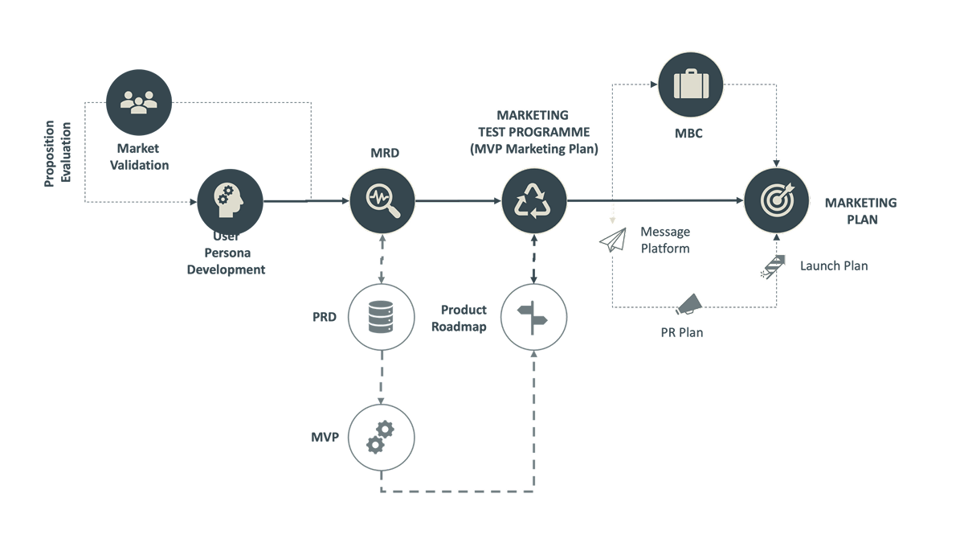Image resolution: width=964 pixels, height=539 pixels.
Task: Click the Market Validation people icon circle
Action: [x=139, y=101]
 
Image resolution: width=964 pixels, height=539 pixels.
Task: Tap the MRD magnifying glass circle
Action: [x=382, y=201]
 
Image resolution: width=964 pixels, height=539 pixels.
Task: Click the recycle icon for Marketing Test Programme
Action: [x=534, y=201]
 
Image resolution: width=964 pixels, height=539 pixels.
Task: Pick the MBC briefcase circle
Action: [x=691, y=84]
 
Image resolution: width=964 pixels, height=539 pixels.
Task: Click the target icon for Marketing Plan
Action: [x=776, y=201]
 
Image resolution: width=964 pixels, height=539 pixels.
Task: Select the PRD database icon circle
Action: [x=382, y=318]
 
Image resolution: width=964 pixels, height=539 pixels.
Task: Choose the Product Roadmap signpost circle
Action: [x=534, y=318]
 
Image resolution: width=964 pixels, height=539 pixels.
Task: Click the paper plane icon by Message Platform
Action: [x=613, y=240]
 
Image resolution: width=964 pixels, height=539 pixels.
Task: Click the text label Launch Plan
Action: [x=834, y=265]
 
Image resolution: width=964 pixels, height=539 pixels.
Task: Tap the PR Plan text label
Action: [x=676, y=331]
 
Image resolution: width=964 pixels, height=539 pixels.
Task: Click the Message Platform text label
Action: [x=665, y=241]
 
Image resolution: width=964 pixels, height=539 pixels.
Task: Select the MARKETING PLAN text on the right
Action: [x=860, y=211]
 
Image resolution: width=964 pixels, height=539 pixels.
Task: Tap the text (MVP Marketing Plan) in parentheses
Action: [x=534, y=148]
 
